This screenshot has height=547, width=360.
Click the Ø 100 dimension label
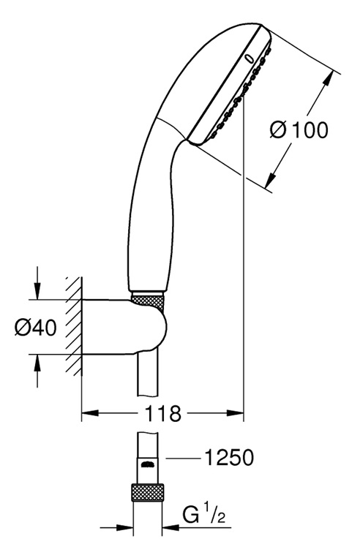click(299, 130)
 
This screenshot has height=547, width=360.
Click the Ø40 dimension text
click(35, 327)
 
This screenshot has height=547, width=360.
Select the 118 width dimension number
click(162, 414)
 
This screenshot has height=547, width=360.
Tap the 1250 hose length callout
click(229, 458)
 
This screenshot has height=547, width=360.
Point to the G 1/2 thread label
click(204, 516)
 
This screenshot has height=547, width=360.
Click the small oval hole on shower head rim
click(249, 59)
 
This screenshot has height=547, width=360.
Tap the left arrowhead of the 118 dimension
click(90, 413)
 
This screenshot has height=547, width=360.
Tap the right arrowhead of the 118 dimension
click(235, 413)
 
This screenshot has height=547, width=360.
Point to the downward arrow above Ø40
click(37, 283)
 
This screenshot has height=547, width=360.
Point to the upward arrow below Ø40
click(37, 371)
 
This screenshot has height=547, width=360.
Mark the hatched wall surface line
click(81, 326)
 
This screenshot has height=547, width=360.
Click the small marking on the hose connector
click(148, 464)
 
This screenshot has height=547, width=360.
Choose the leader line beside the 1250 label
click(183, 458)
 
